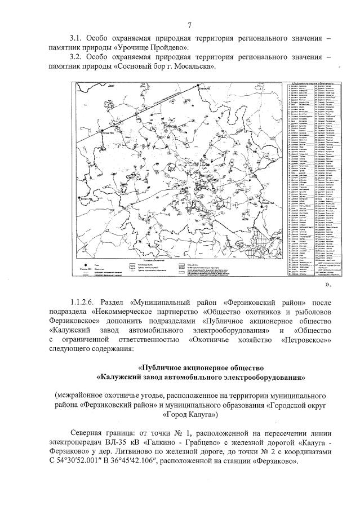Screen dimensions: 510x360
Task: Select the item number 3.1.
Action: click(75, 38)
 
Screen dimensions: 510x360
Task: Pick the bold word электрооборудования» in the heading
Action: click(261, 376)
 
